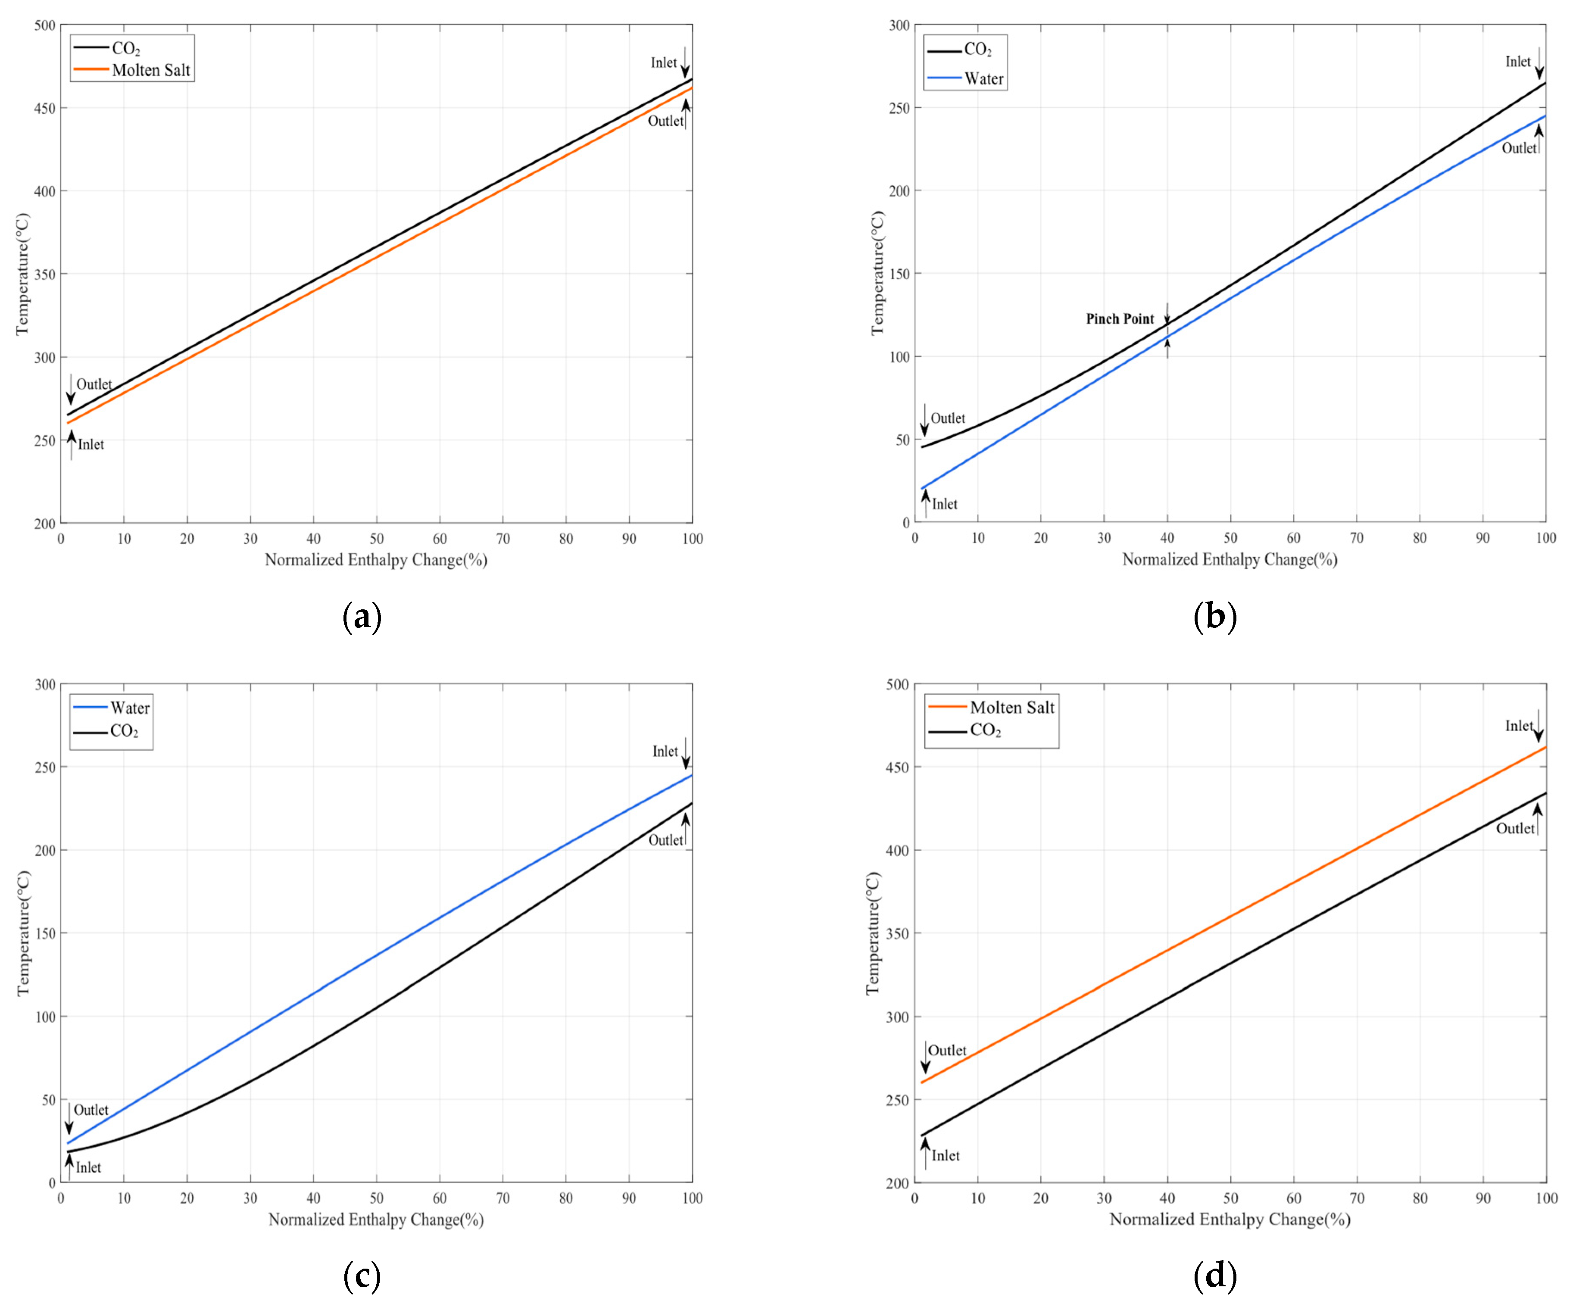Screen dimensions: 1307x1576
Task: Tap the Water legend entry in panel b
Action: click(983, 79)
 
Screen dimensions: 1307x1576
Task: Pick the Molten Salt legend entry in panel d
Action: click(1011, 708)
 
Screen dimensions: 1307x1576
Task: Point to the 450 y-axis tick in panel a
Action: click(45, 108)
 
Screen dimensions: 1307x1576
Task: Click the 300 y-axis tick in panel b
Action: click(899, 25)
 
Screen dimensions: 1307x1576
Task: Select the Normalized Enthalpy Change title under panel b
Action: click(1229, 560)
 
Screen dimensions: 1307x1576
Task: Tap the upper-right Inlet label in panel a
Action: click(663, 63)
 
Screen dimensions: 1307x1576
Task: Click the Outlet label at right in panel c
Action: click(665, 840)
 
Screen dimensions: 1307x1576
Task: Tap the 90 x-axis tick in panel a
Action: click(629, 539)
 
